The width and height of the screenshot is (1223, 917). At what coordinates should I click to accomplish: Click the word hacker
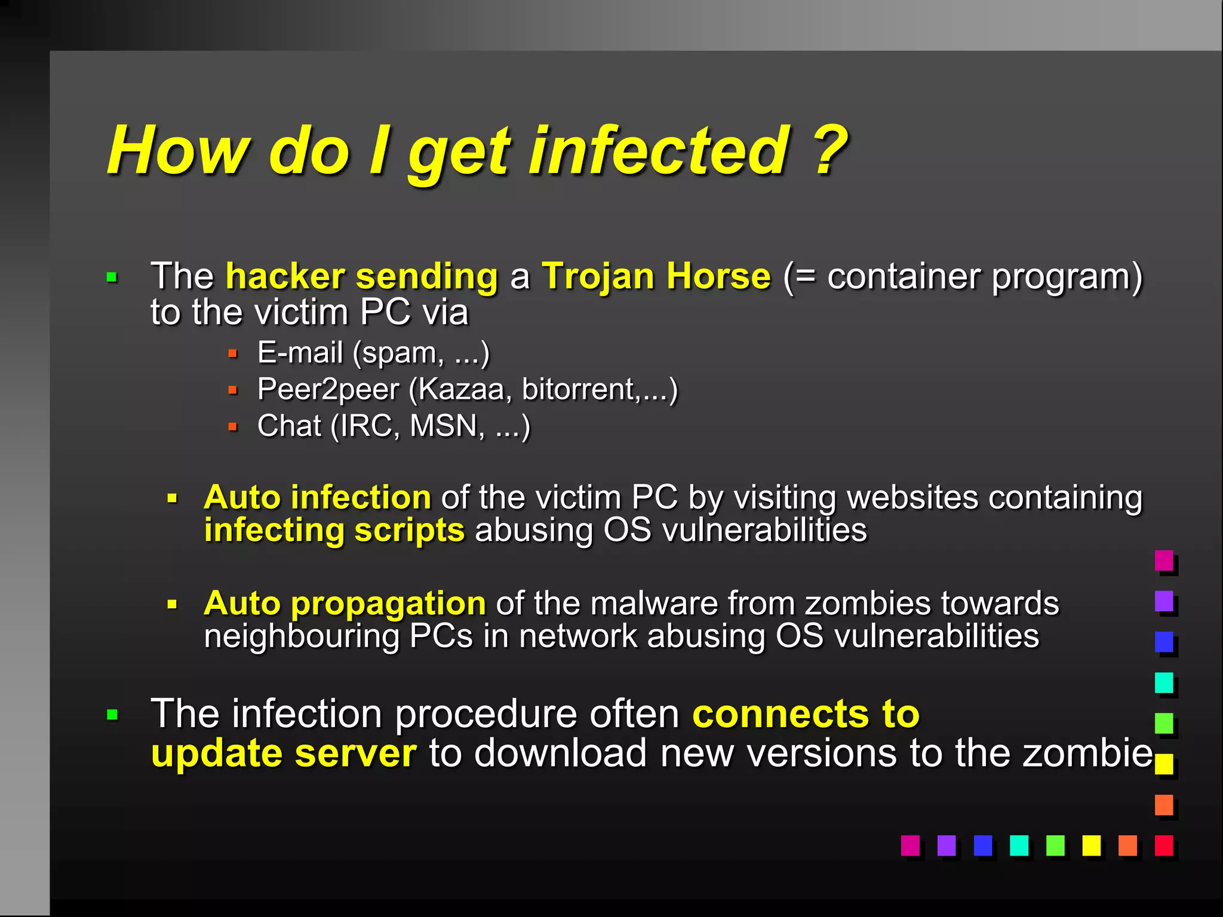pos(285,276)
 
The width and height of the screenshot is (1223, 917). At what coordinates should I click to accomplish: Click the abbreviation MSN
pos(447,426)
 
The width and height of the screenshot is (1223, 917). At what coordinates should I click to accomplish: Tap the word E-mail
pos(300,352)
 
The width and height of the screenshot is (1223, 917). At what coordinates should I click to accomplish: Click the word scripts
pos(409,530)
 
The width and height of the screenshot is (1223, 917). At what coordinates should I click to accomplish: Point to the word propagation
pos(389,604)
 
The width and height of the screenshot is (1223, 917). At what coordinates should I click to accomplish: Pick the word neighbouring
pos(302,636)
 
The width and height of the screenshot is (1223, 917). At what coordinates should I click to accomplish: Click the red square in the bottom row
pos(1163,845)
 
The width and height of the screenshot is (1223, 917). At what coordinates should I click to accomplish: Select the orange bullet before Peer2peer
pos(233,390)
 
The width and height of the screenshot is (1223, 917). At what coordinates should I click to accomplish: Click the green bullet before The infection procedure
pos(112,714)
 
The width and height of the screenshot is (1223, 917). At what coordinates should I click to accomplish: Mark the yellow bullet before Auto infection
pos(173,498)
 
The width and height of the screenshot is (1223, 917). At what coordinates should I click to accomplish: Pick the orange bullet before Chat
pos(233,427)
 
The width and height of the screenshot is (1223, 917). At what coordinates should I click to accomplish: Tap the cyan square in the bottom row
pos(1018,845)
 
